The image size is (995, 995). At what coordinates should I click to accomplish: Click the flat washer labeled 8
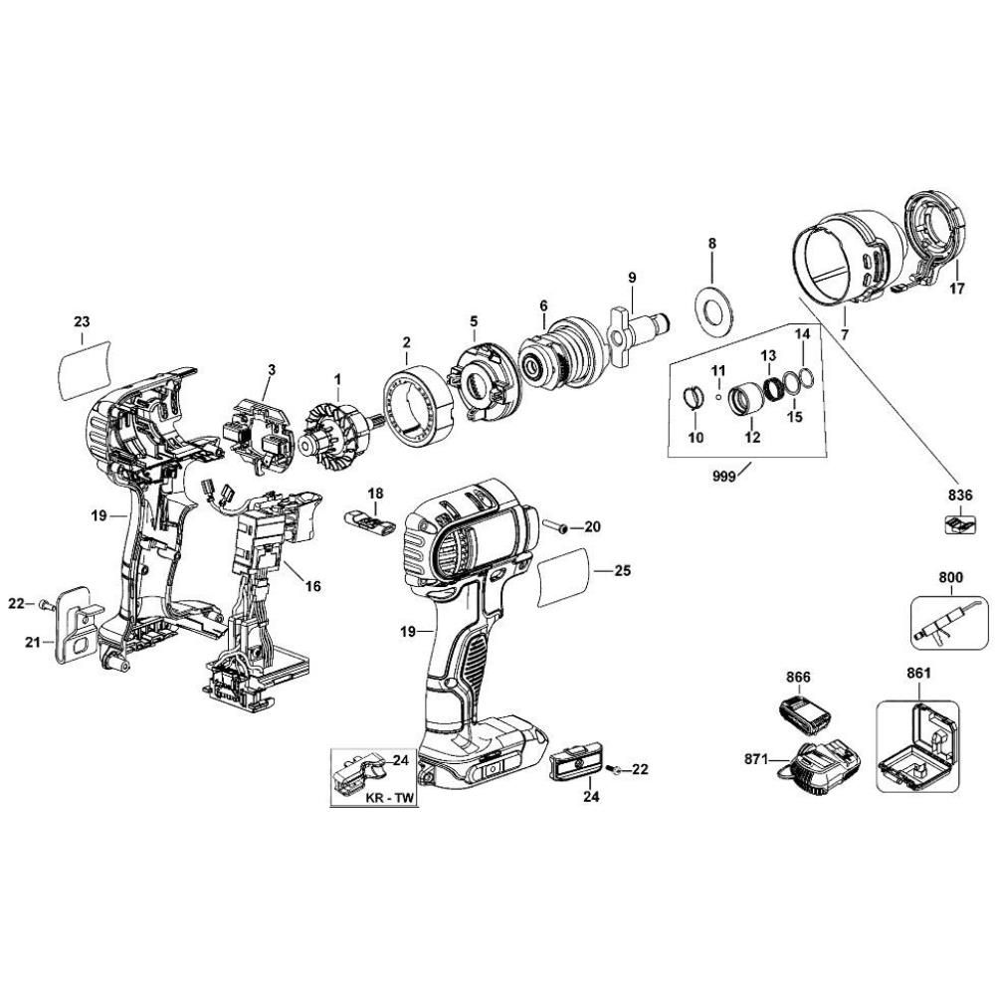point(711,309)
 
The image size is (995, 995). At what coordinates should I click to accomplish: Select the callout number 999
point(723,477)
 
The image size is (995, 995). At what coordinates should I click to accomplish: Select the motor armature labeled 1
point(335,432)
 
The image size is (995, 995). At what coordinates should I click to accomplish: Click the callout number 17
point(956,291)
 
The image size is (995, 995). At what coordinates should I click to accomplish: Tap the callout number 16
point(312,586)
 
